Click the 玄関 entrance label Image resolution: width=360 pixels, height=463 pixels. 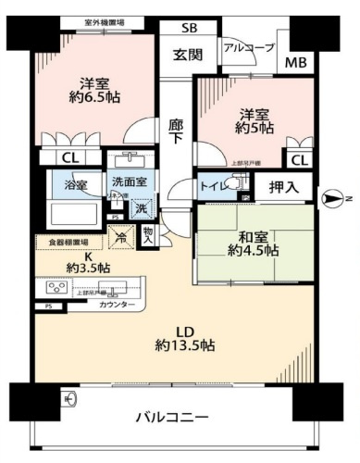point(188,54)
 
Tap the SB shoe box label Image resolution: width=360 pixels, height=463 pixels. point(188,28)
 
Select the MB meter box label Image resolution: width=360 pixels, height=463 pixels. point(295,63)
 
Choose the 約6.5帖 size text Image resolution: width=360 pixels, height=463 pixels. point(95,95)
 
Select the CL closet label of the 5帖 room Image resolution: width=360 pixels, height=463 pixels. point(297,160)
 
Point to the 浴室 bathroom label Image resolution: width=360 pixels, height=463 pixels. point(76,184)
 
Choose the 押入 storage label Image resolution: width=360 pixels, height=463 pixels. point(284,188)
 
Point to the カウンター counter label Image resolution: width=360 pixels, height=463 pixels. point(117,305)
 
